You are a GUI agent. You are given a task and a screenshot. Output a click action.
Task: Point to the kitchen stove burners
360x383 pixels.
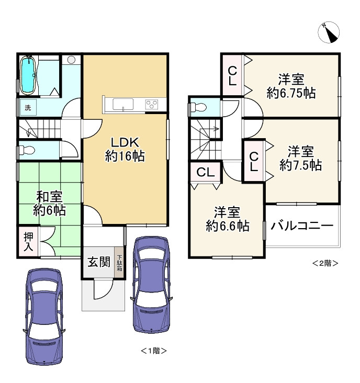coord(152,104)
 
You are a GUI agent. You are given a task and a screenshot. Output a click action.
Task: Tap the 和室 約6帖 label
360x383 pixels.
coord(49,204)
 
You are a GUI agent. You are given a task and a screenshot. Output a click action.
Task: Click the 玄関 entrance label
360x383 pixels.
coord(98,262)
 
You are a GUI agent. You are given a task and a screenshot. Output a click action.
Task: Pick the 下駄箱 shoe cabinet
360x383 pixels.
coord(119,262)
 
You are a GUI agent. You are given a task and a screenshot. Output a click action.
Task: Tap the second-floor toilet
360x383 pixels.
coord(197,108)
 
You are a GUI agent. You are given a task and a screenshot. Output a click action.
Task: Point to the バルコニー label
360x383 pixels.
coord(302,226)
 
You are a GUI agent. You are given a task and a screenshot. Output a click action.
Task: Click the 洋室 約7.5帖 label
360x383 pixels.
coord(300,159)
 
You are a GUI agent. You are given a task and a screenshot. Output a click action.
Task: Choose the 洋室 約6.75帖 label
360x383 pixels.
coord(290,86)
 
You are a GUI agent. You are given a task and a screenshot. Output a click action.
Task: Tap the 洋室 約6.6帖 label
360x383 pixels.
coord(227,219)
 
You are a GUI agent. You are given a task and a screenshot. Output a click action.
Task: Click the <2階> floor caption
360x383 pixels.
coord(324,263)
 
